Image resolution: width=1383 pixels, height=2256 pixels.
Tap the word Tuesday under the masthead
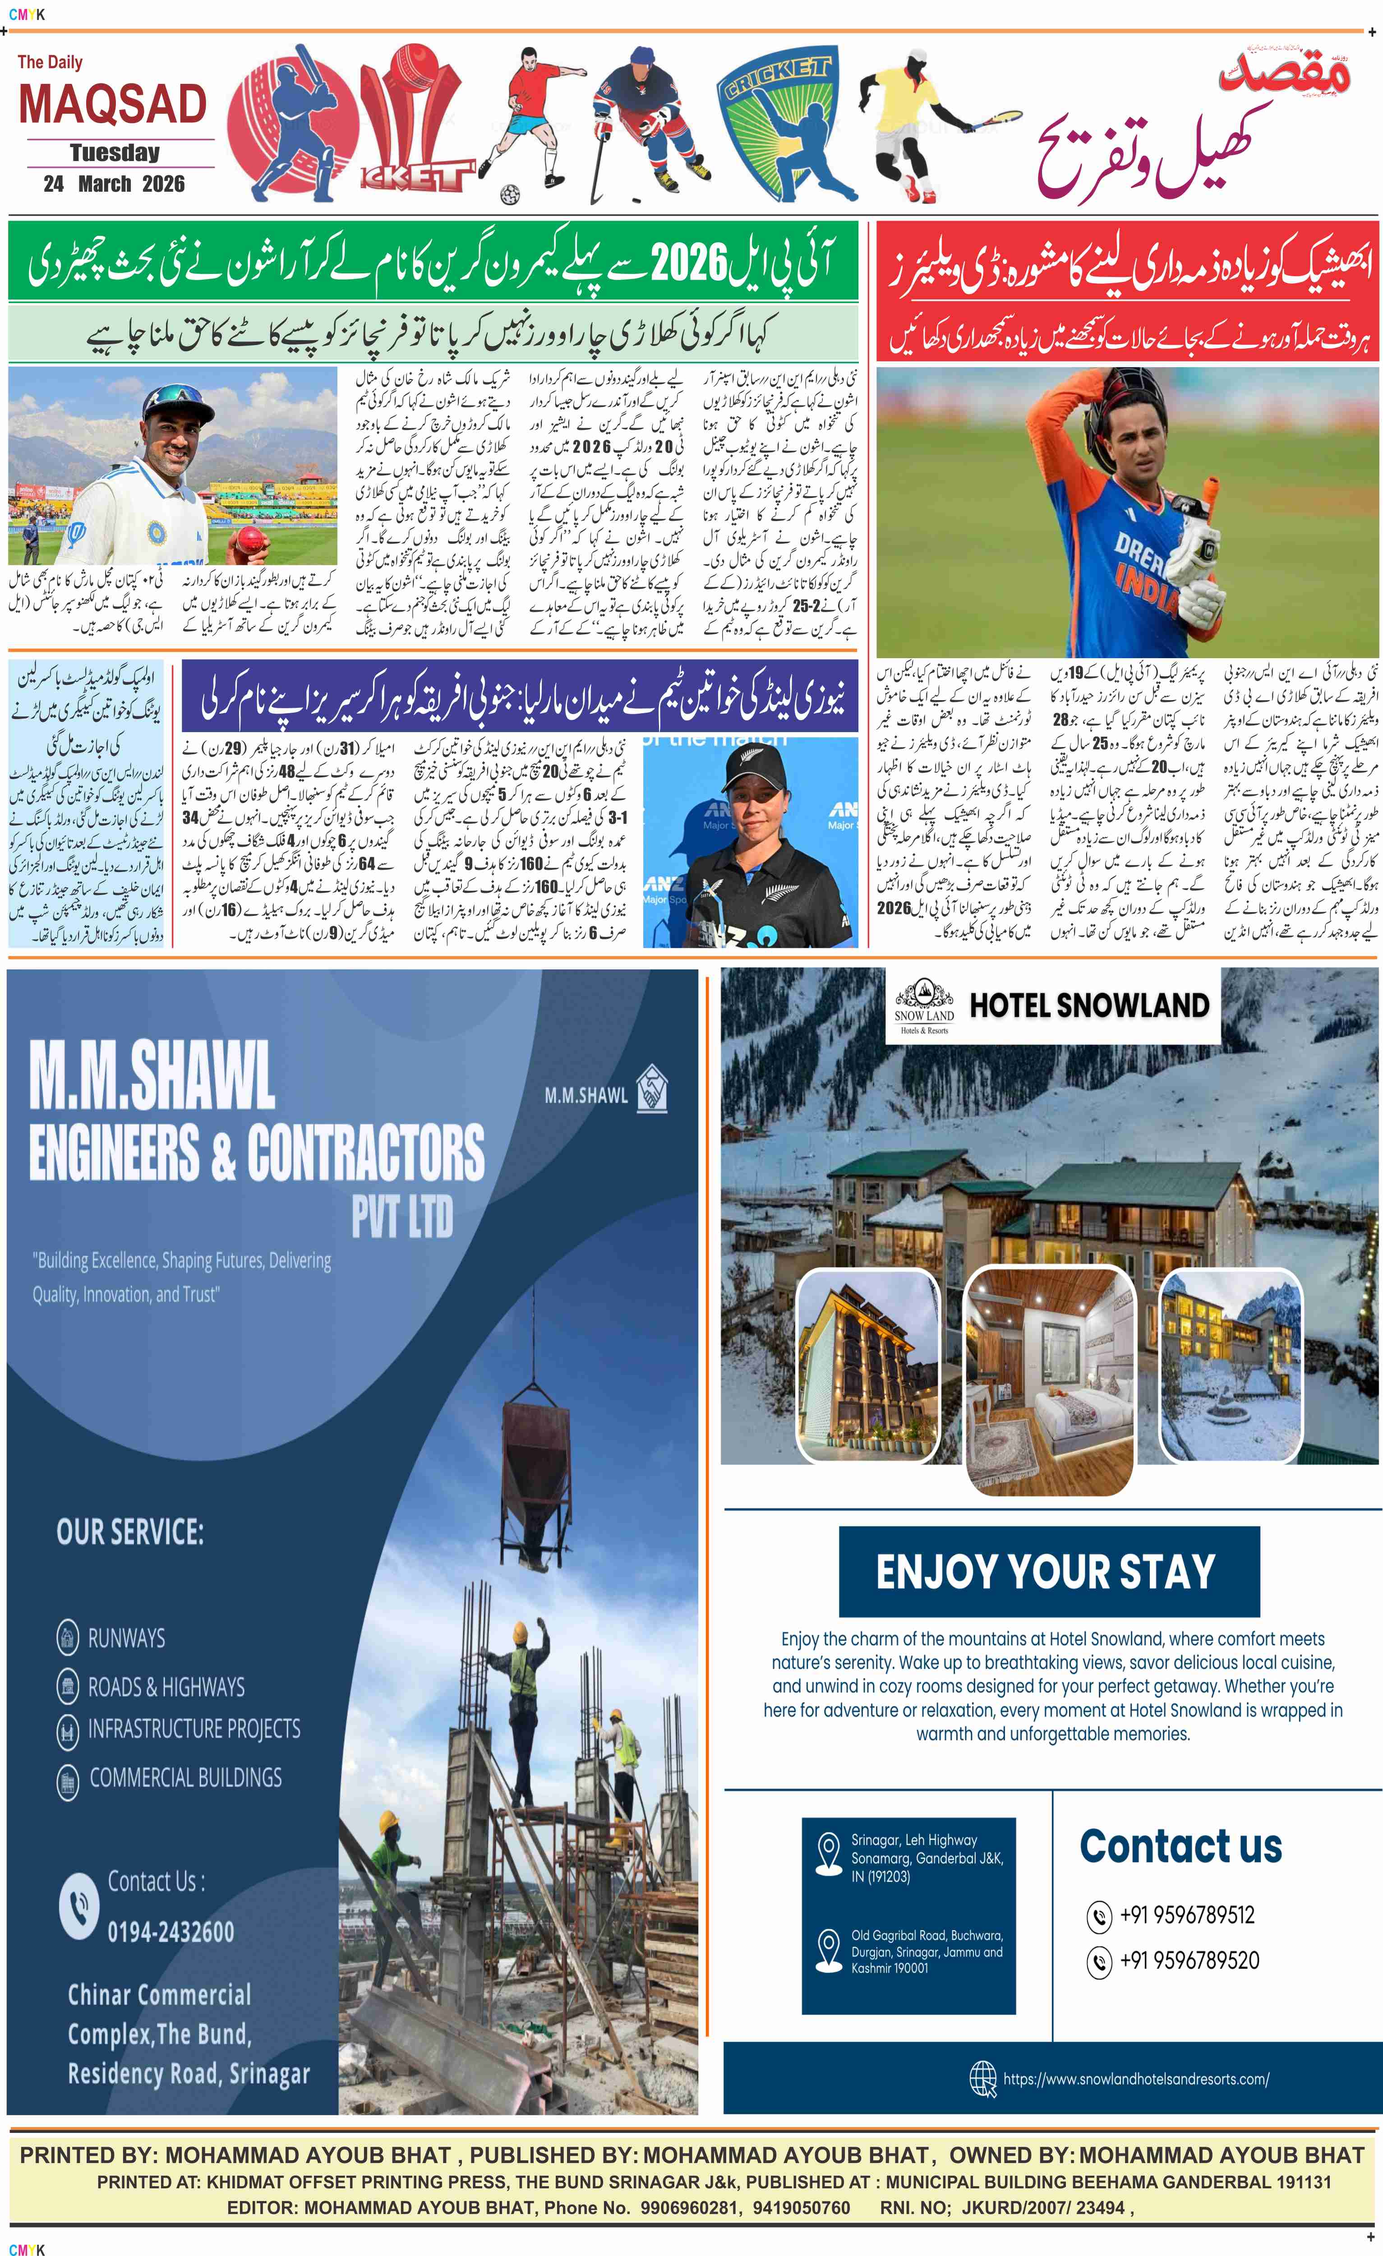coord(115,153)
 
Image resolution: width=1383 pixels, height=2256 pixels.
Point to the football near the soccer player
coord(510,194)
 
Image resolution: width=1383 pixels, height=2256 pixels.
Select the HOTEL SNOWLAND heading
coord(1089,1006)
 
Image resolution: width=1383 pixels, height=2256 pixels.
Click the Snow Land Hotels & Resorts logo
coord(923,1007)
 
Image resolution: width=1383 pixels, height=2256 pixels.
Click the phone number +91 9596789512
coord(1186,1915)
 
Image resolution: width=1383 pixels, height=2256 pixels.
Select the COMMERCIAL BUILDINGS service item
coord(185,1778)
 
